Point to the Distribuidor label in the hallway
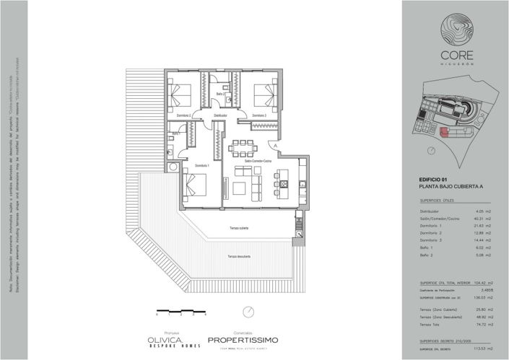click(x=221, y=115)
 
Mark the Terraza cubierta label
click(x=240, y=228)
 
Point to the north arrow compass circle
click(x=248, y=313)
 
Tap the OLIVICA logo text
click(x=165, y=338)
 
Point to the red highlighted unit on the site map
click(x=443, y=131)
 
